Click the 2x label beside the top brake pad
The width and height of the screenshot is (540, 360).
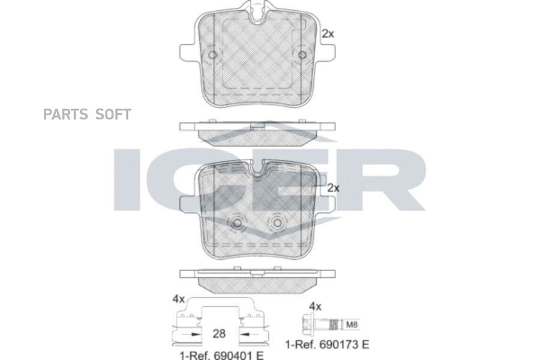pos(328,34)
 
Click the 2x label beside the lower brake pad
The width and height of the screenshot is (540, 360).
pos(333,188)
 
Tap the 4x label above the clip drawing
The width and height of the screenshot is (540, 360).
pos(179,299)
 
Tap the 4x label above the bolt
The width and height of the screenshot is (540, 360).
pos(315,306)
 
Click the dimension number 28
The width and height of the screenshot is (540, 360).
pos(219,334)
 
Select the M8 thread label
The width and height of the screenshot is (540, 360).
pos(352,325)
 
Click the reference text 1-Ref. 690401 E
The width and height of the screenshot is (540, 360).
pos(221,355)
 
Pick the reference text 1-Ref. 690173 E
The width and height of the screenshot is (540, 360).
pos(327,344)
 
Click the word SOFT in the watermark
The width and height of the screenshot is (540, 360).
pos(113,115)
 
